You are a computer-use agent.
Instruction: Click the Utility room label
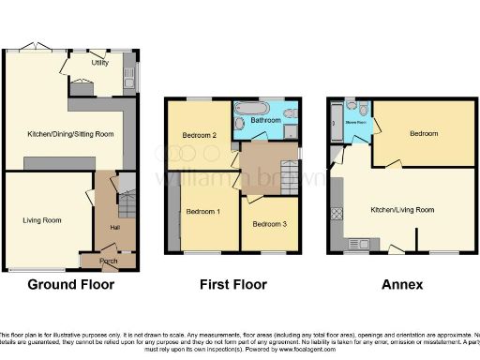tap(99, 63)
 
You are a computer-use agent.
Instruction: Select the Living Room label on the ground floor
tap(42, 220)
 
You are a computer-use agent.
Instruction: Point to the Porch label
tap(109, 261)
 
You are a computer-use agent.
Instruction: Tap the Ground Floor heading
tap(70, 285)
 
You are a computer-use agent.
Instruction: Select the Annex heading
tap(403, 285)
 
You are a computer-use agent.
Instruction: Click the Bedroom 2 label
tap(199, 136)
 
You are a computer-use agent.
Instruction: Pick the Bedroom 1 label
tap(202, 212)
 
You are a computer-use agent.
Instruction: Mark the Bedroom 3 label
tap(269, 224)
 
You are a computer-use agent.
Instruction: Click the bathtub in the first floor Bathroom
tap(250, 107)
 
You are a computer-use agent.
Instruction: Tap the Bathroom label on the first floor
tap(266, 121)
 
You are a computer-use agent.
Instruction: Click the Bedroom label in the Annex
tap(423, 134)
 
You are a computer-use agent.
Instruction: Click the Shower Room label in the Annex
tap(356, 121)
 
